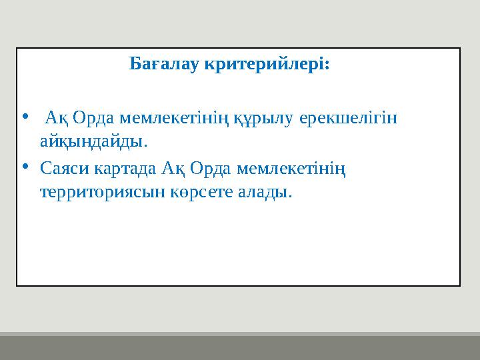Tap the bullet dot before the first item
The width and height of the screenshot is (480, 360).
pyautogui.click(x=25, y=117)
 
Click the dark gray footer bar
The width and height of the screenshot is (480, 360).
pyautogui.click(x=240, y=347)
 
